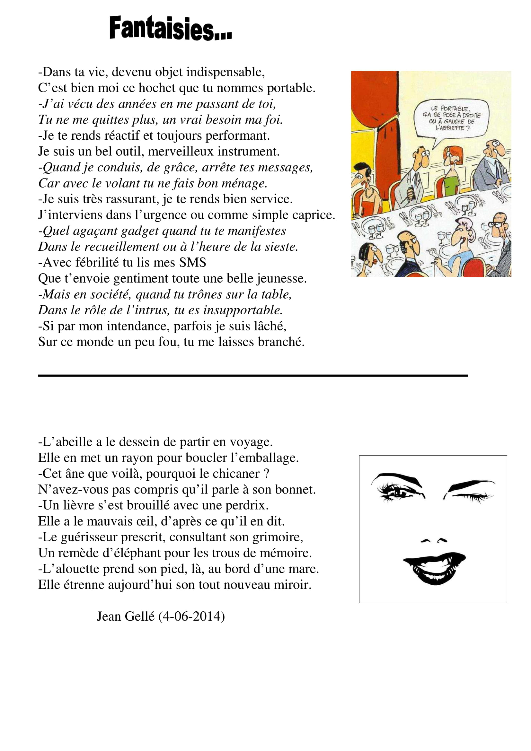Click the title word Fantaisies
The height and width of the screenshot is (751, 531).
(170, 29)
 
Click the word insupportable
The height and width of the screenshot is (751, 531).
(243, 310)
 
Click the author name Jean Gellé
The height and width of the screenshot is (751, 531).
(125, 616)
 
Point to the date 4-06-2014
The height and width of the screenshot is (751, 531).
(191, 616)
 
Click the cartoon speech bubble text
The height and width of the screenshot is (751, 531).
(452, 118)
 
